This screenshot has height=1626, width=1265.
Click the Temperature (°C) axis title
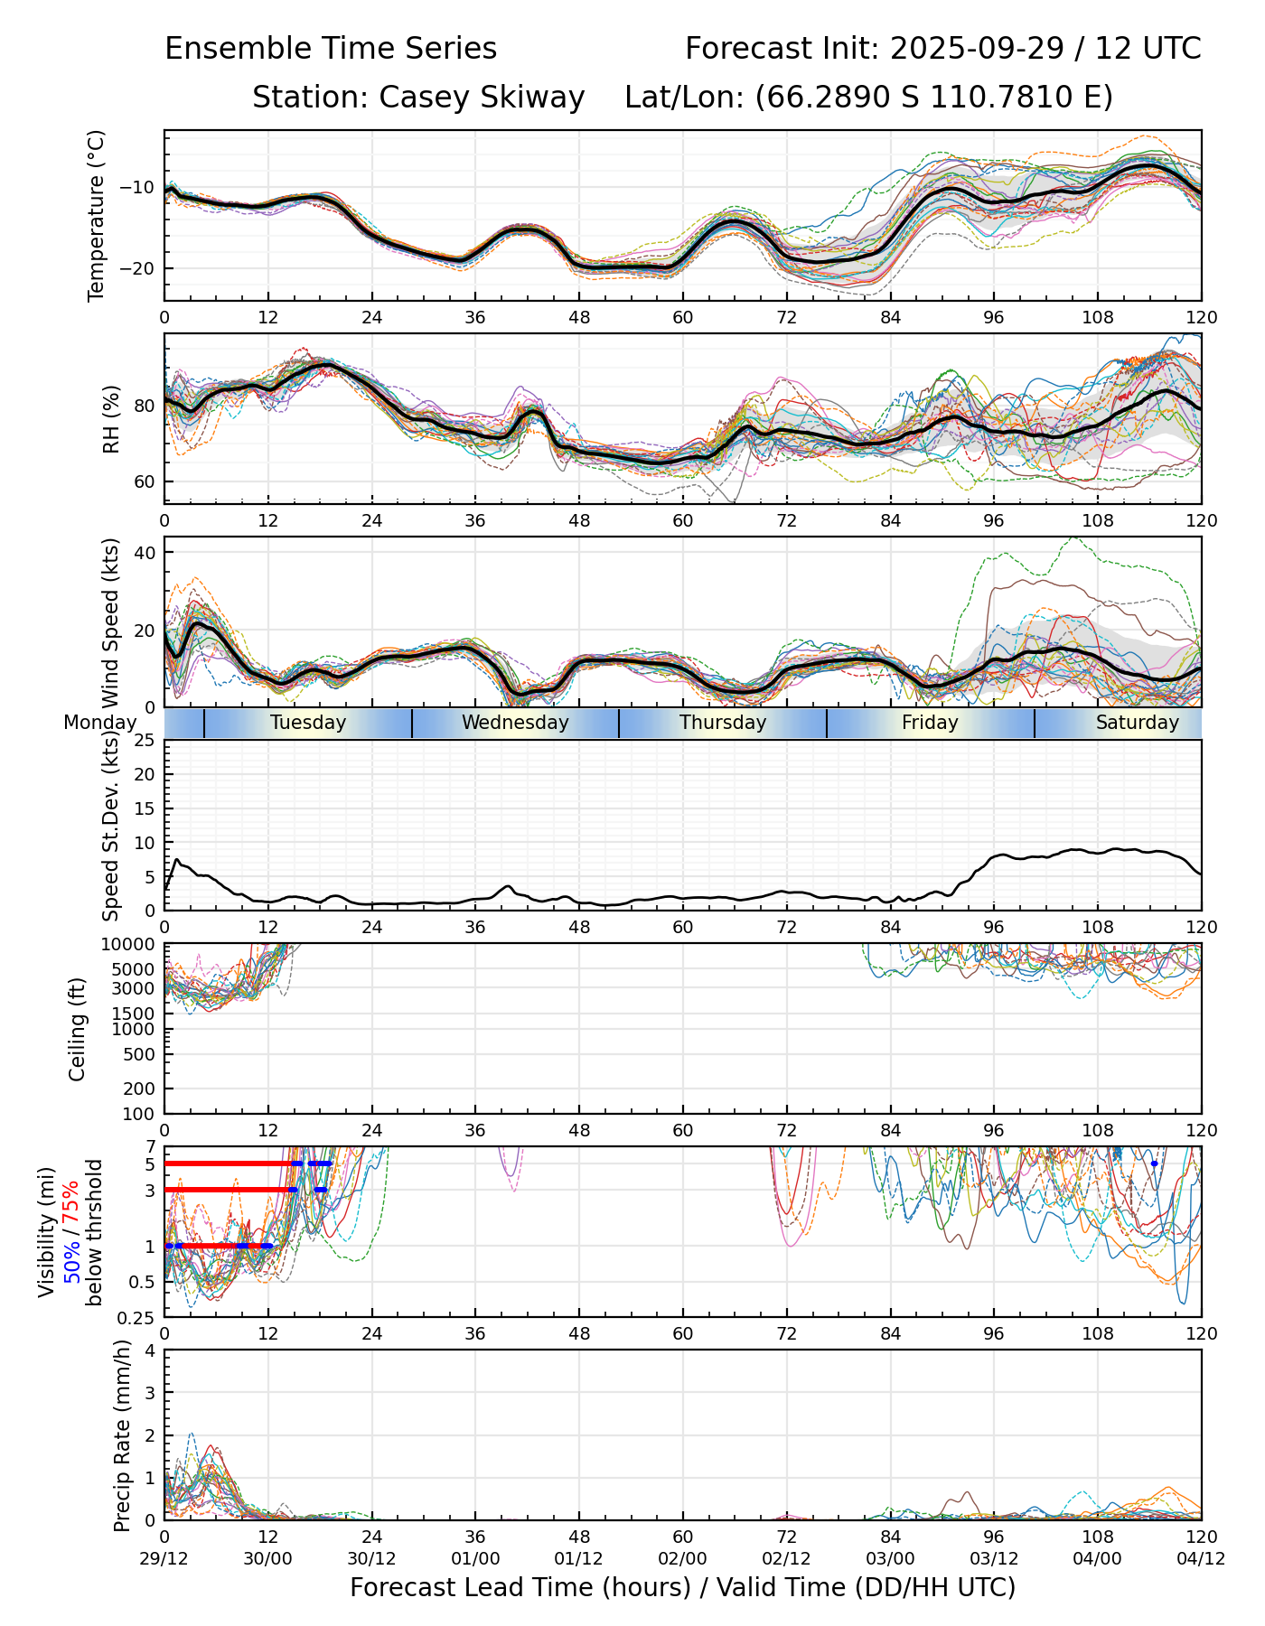pos(97,215)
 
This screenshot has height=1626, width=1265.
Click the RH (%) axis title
pos(111,418)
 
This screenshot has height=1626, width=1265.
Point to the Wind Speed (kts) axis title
pos(111,622)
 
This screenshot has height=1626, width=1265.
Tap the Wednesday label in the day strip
pos(515,723)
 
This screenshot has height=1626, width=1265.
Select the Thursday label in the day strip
pos(723,723)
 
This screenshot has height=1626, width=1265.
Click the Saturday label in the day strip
pos(1137,723)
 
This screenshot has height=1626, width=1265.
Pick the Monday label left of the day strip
pos(99,723)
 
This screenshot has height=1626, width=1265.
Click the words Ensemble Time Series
pos(331,49)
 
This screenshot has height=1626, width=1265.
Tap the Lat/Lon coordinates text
pos(868,98)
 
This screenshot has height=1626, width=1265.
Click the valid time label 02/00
pos(682,1559)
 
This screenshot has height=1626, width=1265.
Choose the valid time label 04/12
pos(1201,1559)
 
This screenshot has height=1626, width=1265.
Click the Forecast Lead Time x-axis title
pos(682,1588)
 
